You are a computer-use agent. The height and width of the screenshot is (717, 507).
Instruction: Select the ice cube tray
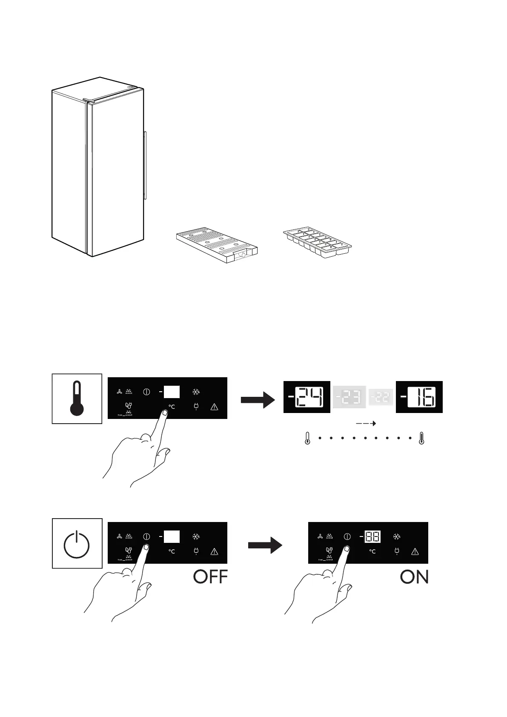coord(317,244)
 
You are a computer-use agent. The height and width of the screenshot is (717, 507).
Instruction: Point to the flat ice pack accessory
coord(217,246)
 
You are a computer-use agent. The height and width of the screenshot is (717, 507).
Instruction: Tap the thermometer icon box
coord(77,399)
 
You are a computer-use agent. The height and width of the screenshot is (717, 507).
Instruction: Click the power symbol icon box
coord(77,543)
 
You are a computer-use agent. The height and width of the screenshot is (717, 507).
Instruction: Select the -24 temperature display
coord(307,397)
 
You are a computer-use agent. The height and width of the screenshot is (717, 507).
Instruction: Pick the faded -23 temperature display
coord(349,397)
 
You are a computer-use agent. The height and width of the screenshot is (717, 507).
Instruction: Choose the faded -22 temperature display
coord(381,397)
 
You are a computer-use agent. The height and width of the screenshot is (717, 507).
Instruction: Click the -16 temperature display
coord(419,397)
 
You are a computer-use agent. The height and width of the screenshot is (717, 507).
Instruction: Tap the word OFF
coord(210,577)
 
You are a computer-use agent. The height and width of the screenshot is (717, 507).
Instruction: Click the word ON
coord(414,577)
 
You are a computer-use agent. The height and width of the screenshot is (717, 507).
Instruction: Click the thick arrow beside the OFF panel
coord(265,545)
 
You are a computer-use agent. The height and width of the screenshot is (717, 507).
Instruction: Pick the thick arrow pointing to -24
coord(258,400)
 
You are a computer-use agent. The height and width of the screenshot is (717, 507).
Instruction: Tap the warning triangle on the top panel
coord(214,407)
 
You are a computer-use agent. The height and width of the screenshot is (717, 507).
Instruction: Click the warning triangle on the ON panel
coord(415,552)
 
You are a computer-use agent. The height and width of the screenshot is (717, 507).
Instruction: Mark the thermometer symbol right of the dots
coord(421,438)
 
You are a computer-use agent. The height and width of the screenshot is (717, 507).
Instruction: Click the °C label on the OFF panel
coord(172,551)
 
